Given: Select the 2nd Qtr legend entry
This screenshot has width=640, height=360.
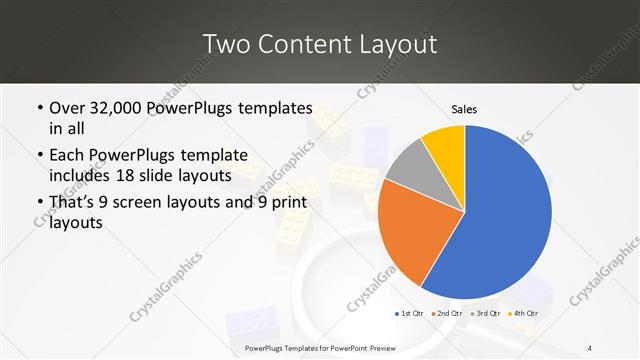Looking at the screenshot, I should click(447, 313).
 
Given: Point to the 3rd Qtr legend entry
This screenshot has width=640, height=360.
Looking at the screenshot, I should click(484, 313).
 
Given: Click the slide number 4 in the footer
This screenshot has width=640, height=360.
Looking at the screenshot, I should click(590, 347).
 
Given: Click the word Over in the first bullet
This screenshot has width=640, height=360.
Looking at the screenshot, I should click(68, 108).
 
